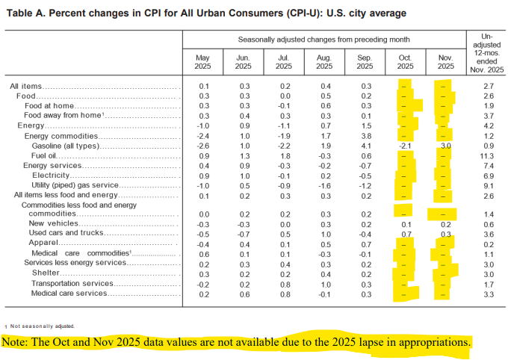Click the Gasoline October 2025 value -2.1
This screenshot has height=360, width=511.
coord(405,146)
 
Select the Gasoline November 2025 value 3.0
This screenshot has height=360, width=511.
coord(445,146)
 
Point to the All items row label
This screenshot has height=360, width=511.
coord(25,87)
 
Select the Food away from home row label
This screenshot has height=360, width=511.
coord(62,116)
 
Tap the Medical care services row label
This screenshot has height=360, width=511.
coord(69,293)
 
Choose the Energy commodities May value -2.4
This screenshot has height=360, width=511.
coord(203,136)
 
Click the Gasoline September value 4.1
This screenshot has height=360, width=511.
coord(365,146)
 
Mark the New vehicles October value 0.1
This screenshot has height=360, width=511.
coord(406,223)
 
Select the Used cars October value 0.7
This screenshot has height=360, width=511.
coord(406,233)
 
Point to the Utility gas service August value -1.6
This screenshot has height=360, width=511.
coord(324,184)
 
